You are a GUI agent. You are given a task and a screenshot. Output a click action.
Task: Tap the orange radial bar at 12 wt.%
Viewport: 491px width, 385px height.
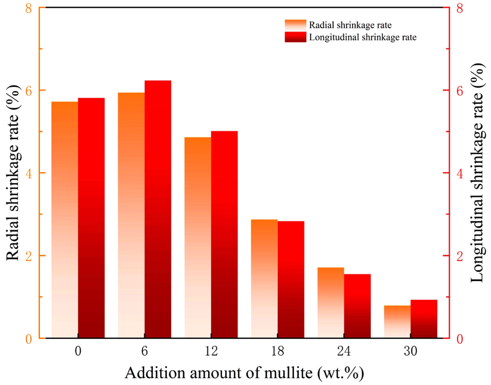(x=198, y=238)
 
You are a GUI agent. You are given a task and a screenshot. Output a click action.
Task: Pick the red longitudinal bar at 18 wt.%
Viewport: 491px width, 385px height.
(x=291, y=279)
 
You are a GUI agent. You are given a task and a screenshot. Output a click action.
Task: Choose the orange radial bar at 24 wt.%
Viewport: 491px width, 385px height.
(x=331, y=303)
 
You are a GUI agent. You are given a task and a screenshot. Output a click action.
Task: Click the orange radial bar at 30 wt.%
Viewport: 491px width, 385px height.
(x=397, y=321)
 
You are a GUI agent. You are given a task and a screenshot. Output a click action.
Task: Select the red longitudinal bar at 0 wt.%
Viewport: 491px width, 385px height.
(x=91, y=218)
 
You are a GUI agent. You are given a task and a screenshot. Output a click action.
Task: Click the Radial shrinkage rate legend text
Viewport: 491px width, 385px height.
(x=350, y=25)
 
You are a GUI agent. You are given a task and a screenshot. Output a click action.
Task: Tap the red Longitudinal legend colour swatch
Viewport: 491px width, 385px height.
(x=295, y=37)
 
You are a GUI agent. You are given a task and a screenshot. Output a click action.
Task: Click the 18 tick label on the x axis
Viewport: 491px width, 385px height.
(x=277, y=351)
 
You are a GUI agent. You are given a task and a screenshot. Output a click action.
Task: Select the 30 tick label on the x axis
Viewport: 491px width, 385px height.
(x=410, y=351)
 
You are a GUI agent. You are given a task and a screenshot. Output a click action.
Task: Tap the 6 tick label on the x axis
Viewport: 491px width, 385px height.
(x=145, y=351)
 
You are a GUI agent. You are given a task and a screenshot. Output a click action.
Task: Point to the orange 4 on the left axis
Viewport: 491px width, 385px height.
(x=29, y=173)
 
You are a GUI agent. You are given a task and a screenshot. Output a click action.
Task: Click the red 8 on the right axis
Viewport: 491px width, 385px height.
(x=459, y=8)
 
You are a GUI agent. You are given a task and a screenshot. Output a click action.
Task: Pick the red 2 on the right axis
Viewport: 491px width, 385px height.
(x=459, y=256)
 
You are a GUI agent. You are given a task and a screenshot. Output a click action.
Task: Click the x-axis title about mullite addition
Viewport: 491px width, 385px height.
(x=244, y=373)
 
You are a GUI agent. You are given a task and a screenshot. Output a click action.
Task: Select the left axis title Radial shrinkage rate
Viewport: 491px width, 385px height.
(x=13, y=173)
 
